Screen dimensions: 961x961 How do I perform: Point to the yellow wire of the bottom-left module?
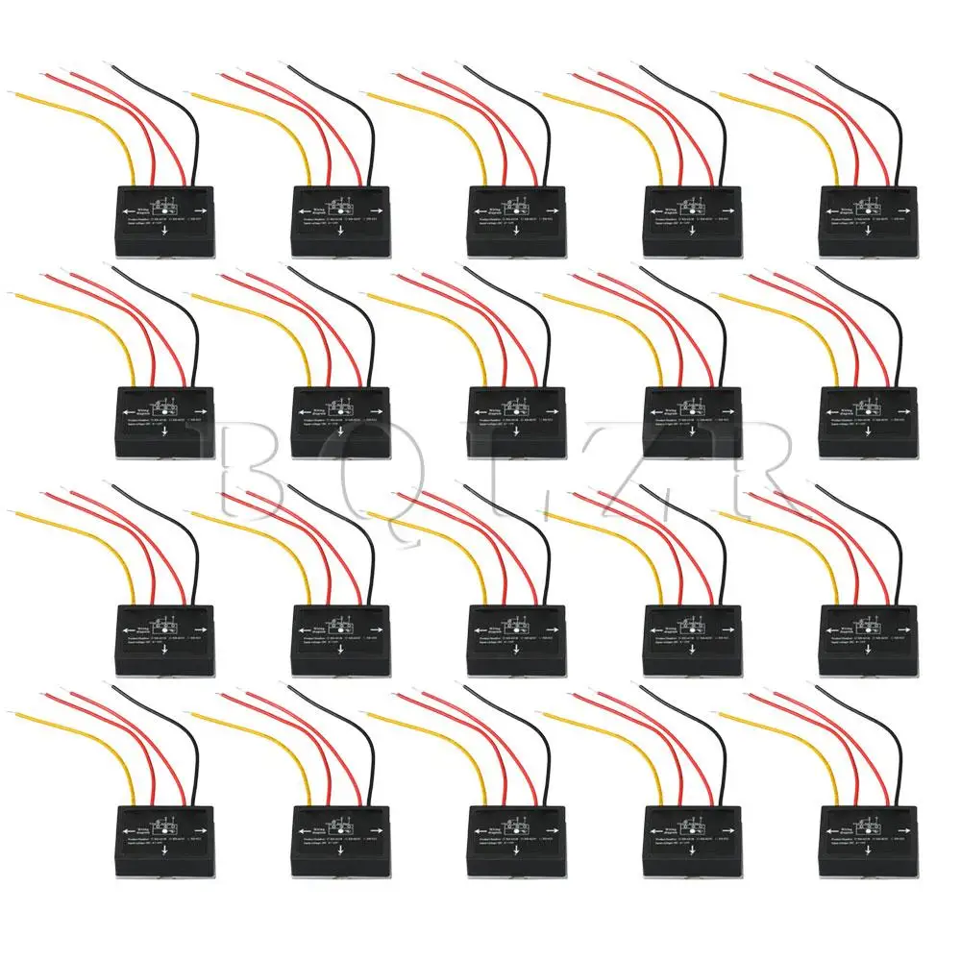coord(86,740)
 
